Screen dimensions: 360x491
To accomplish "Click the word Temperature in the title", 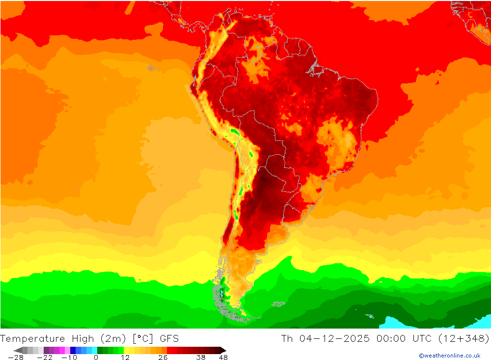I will point(33,338).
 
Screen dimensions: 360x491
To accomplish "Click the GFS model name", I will point(169,338).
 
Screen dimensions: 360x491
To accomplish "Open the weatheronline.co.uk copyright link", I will point(449,356).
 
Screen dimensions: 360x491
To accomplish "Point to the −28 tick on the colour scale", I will point(16,358).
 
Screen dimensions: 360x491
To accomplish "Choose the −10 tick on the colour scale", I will point(69,358).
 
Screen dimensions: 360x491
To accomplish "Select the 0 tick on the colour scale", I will point(96,358).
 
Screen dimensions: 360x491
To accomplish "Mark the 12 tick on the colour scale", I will point(125,358).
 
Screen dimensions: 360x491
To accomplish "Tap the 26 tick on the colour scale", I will point(163,358).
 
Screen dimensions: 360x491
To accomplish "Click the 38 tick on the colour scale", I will point(200,358).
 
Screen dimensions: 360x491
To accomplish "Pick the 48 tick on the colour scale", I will point(223,358).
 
